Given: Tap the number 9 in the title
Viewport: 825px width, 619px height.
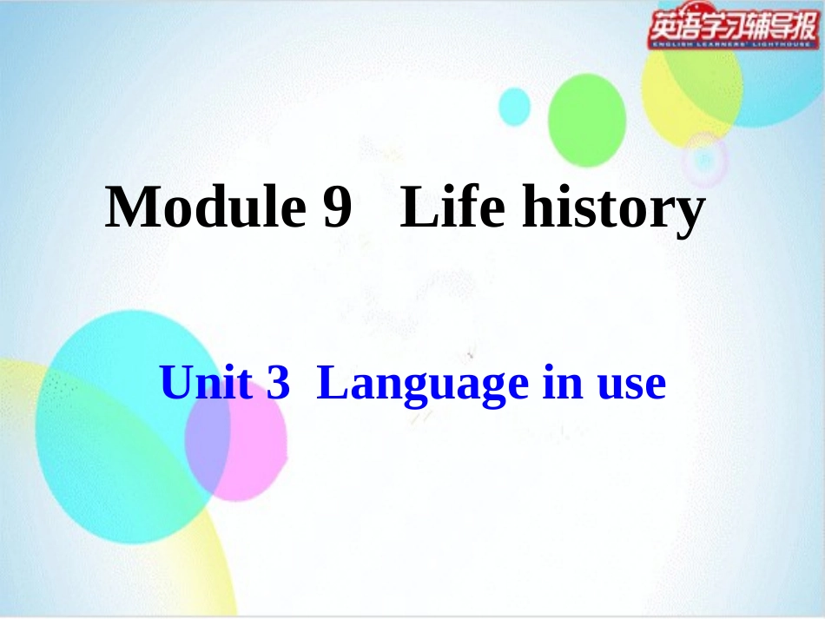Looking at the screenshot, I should [x=334, y=209].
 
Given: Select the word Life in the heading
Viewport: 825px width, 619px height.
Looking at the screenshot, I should [x=452, y=208].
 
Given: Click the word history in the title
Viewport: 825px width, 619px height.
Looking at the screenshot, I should [x=612, y=211].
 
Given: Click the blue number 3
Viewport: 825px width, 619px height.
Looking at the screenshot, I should [x=277, y=384].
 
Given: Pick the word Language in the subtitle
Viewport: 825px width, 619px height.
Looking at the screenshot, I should [x=422, y=385].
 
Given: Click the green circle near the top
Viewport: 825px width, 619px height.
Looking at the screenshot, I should [x=587, y=119].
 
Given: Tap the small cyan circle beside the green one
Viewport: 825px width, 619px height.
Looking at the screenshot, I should [x=514, y=107].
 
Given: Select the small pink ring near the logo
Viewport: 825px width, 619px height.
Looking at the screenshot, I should [x=704, y=158].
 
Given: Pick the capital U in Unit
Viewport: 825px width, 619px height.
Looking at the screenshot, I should [x=176, y=383].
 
